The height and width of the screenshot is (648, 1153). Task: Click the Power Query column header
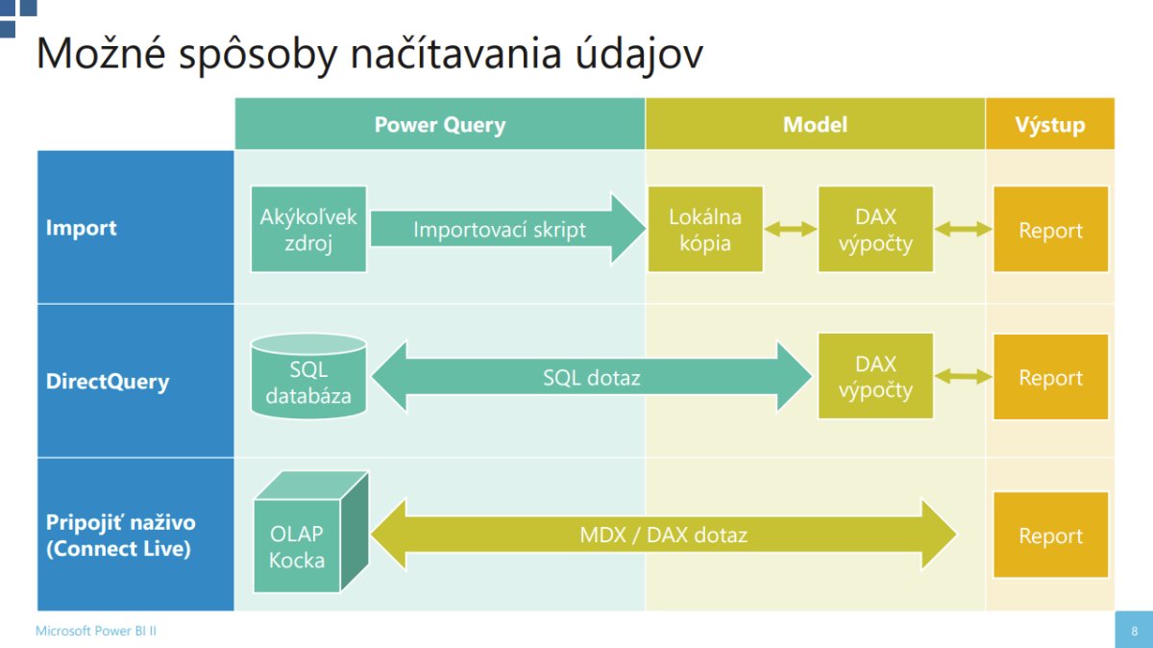point(439,124)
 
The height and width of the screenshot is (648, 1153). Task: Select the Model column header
point(815,124)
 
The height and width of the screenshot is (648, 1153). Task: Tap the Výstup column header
point(1049,124)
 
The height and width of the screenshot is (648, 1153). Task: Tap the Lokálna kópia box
point(705,229)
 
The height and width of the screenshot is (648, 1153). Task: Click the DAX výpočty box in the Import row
point(875,229)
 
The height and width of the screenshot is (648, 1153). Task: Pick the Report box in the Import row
point(1050,230)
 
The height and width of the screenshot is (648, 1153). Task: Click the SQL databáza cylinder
point(308,379)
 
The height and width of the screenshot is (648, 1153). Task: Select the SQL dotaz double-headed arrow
point(591,378)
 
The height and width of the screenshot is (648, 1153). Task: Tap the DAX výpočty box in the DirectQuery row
point(875,376)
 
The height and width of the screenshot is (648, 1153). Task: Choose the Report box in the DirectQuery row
point(1050,377)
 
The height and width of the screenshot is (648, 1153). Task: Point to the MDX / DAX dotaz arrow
point(663,535)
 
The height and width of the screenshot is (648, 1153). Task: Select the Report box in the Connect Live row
point(1050,536)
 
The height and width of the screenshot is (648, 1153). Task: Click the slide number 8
point(1134,631)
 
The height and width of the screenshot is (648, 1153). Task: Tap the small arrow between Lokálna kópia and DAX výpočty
point(791,229)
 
